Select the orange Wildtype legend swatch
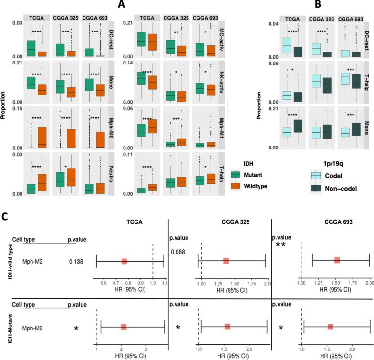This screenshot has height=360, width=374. tap(236, 186)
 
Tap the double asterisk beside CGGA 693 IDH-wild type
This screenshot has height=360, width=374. tap(282, 244)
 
